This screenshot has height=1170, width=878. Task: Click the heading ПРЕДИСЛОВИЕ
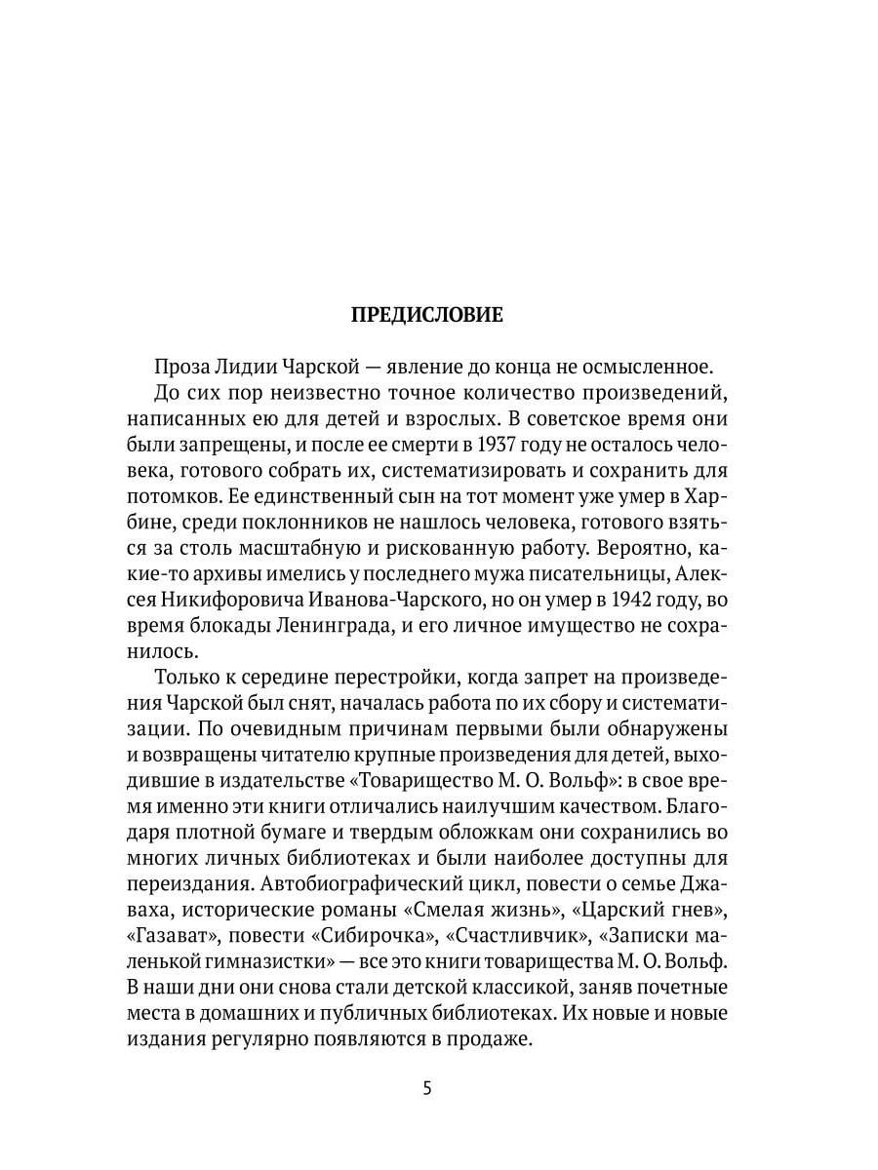pos(426,315)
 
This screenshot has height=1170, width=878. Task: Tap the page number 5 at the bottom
pos(426,1089)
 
